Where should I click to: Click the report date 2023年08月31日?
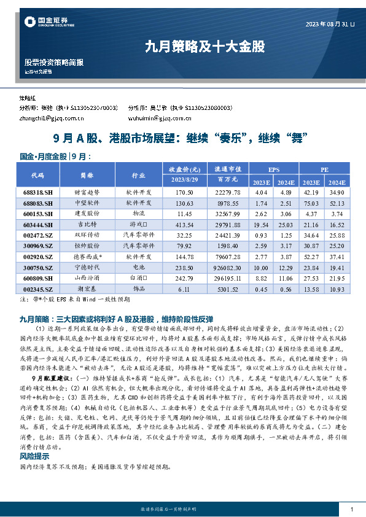pyautogui.click(x=330, y=25)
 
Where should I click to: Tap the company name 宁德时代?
pyautogui.click(x=87, y=268)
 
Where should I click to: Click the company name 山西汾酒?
pyautogui.click(x=87, y=279)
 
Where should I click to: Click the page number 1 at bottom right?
pyautogui.click(x=351, y=510)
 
